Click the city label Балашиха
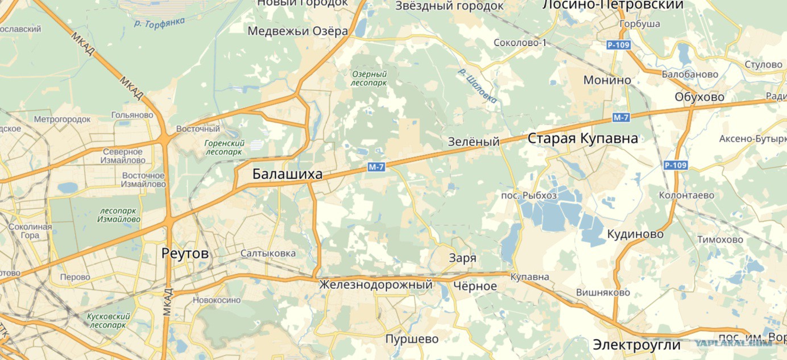coord(287,175)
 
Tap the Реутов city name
coord(185,253)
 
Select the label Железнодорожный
coord(376,284)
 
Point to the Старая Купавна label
coord(583,138)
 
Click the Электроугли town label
coord(636,345)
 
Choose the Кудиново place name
coord(635,234)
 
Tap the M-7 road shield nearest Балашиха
coord(376,167)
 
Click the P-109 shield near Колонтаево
coord(676,165)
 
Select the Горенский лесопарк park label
coord(224,148)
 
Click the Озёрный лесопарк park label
coord(368,78)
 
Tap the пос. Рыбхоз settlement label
coord(529,195)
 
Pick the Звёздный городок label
coord(449,6)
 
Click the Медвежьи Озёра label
coord(297,31)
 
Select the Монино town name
coord(607,80)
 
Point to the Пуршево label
coord(412,339)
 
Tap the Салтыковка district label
coord(268,253)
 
